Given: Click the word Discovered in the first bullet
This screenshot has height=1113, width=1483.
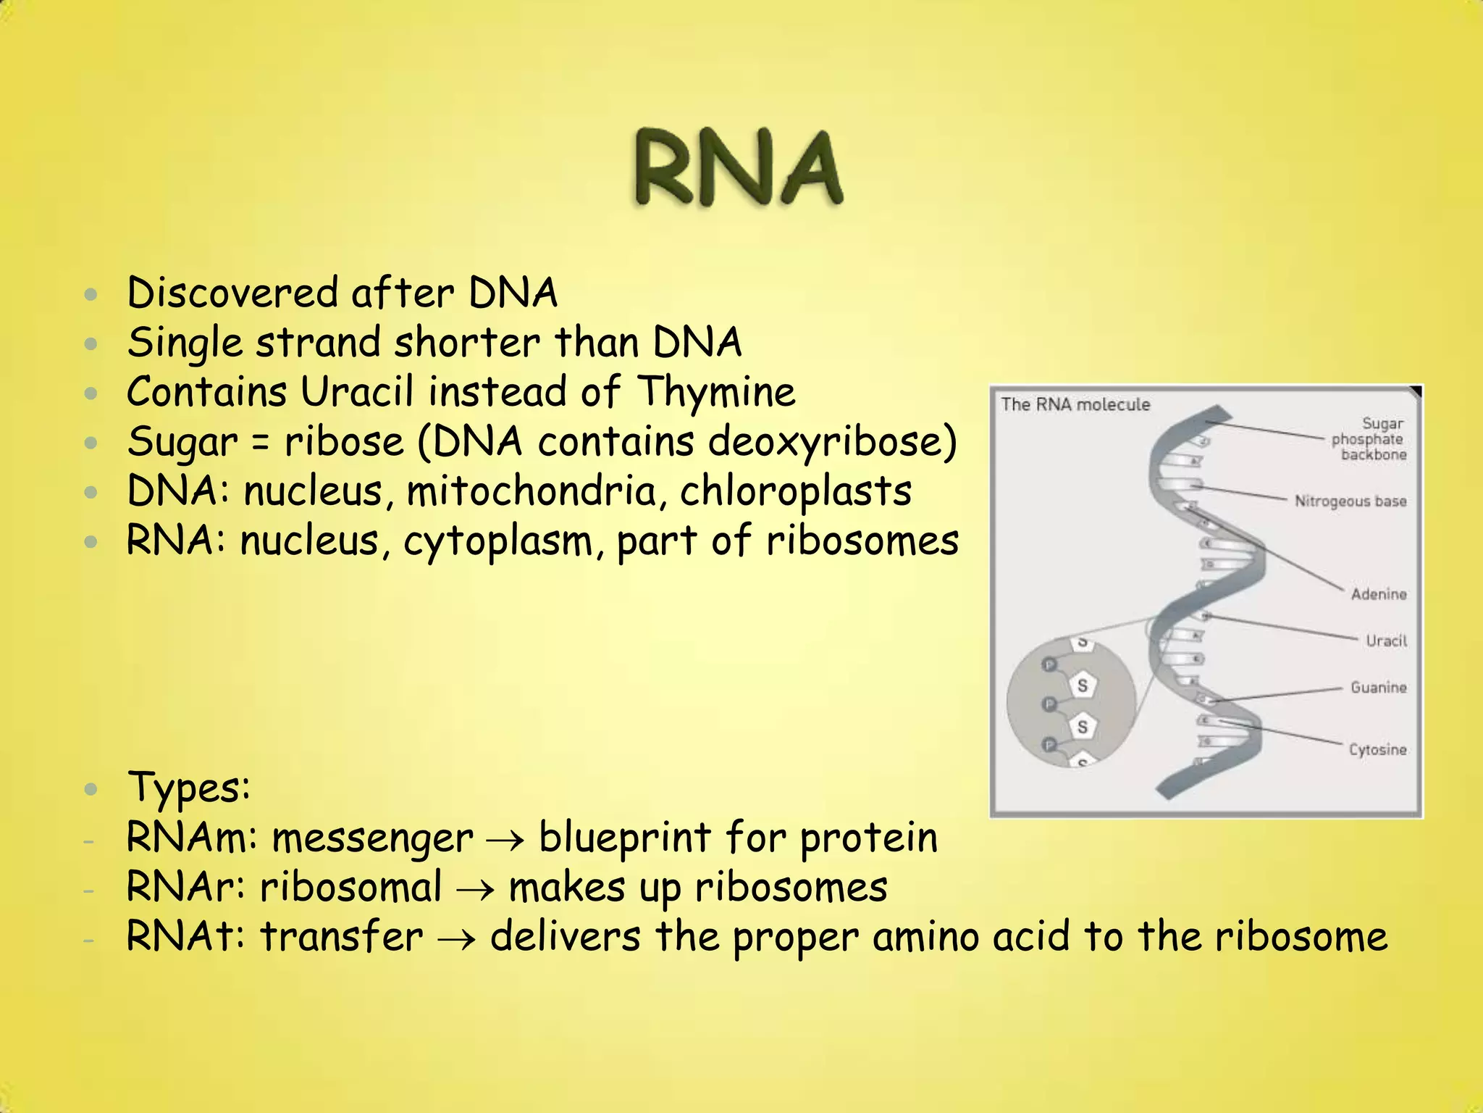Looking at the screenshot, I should [232, 293].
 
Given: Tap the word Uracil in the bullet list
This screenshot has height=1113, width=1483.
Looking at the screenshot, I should [356, 392].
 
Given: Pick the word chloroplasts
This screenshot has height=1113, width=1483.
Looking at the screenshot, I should [795, 491].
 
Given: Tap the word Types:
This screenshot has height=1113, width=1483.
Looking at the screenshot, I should [188, 788].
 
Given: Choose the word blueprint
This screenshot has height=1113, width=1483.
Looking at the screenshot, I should [625, 838].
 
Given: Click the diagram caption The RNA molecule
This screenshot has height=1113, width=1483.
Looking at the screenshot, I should [1075, 404].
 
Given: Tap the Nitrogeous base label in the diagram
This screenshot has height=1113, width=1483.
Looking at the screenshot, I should [1350, 501].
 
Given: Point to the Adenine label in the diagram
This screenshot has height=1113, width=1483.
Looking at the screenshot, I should [1378, 594].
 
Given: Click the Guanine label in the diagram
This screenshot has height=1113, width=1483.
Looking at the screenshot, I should [1378, 687].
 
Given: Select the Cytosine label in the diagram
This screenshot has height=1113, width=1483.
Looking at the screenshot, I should [1377, 749].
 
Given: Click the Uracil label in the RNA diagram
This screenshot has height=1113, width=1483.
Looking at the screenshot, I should [1386, 641].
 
